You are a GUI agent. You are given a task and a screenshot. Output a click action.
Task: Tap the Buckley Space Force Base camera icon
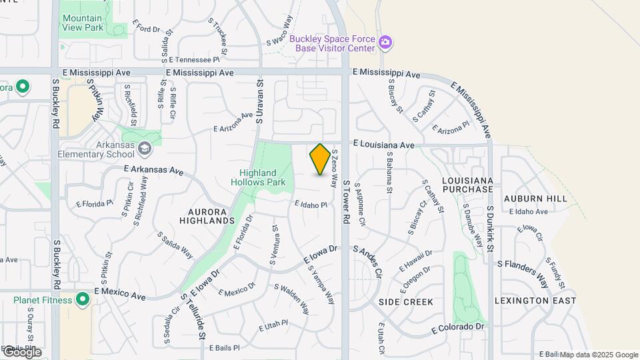click(x=385, y=43)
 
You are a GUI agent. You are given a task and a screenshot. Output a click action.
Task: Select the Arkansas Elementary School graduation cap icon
click(x=146, y=147)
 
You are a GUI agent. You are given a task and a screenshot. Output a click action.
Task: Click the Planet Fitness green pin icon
click(x=83, y=300)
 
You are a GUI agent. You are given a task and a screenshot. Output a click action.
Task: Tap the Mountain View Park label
click(x=83, y=23)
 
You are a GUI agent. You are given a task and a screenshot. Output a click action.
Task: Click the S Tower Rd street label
click(x=346, y=201)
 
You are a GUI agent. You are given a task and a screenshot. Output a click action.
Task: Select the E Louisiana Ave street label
click(x=384, y=144)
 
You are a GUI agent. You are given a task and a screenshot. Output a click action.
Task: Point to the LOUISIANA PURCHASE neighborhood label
click(x=467, y=185)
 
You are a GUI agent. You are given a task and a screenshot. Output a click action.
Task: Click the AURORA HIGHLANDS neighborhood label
click(x=207, y=215)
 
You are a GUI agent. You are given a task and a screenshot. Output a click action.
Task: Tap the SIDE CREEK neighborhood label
click(x=406, y=302)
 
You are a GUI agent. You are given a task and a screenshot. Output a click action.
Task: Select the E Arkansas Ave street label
click(x=153, y=171)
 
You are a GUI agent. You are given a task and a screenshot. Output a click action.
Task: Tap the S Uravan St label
click(x=261, y=99)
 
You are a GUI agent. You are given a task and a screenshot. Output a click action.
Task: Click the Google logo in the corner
click(x=21, y=352)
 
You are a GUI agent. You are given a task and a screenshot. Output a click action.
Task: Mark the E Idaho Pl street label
click(x=311, y=204)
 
